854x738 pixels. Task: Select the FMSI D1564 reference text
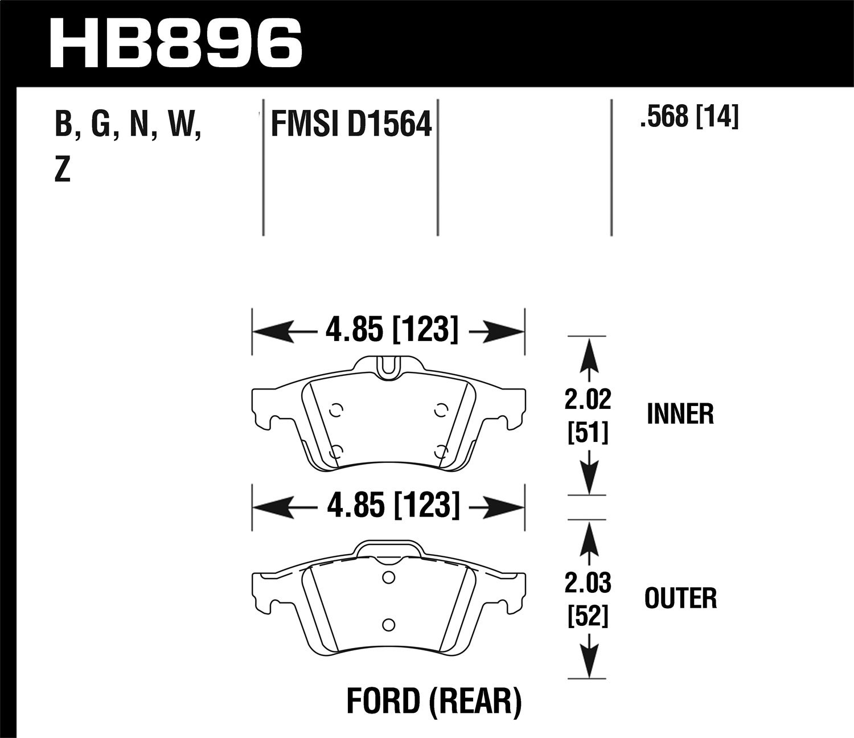[x=351, y=124]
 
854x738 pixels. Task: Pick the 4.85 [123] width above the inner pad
[x=391, y=330]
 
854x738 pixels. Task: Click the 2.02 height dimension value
[x=588, y=400]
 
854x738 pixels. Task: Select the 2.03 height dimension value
[x=588, y=583]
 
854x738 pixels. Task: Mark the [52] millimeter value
[x=588, y=617]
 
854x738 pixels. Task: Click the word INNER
[x=680, y=414]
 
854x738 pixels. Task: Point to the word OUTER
[x=680, y=598]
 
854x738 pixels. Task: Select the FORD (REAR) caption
[x=434, y=702]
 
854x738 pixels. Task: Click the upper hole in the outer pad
[x=388, y=577]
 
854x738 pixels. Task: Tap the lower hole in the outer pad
[x=388, y=625]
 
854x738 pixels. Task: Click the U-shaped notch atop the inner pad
[x=388, y=367]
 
